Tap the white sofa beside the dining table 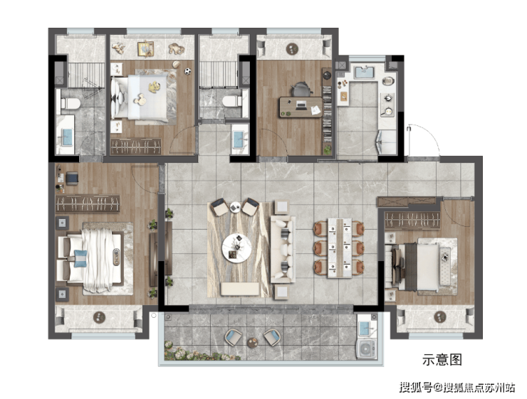tap(283, 249)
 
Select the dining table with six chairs tap(339, 248)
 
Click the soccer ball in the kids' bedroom tap(187, 71)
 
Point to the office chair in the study tap(301, 90)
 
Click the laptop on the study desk tap(301, 106)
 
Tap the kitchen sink tap(364, 73)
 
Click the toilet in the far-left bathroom tap(71, 103)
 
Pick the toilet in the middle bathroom tap(232, 101)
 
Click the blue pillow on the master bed tap(80, 258)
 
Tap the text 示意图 tap(442, 360)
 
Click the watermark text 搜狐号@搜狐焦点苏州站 tap(457, 388)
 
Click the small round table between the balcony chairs tap(252, 342)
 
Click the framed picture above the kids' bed tap(145, 49)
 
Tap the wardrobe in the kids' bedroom tap(136, 147)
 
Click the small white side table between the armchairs tap(235, 207)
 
